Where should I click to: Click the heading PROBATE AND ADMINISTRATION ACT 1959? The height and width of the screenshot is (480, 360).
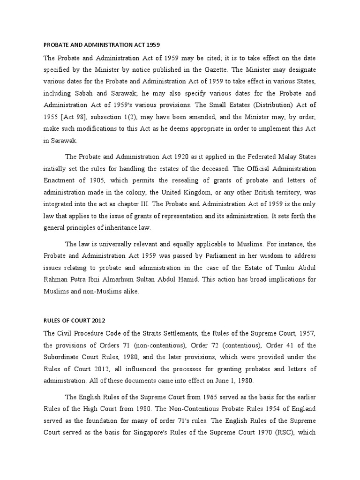(x=102, y=45)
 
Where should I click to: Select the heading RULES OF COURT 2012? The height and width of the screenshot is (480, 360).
(x=75, y=321)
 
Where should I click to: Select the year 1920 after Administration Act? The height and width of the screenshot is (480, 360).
(x=172, y=157)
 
